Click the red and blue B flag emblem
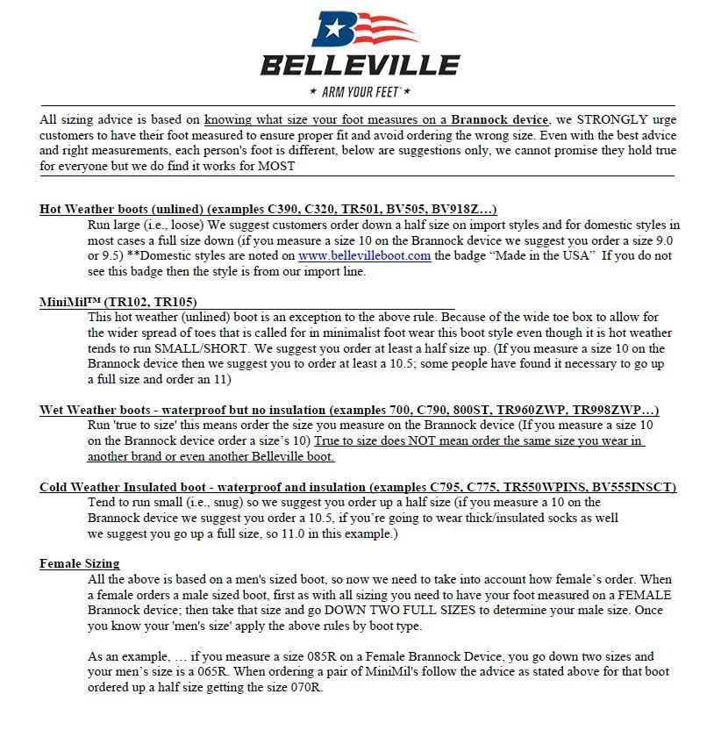point(360,30)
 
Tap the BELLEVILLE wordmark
point(360,66)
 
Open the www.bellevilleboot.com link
point(364,256)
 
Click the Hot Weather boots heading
point(119,209)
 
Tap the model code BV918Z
point(462,209)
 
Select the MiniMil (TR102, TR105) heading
point(118,302)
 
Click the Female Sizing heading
point(80,563)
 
